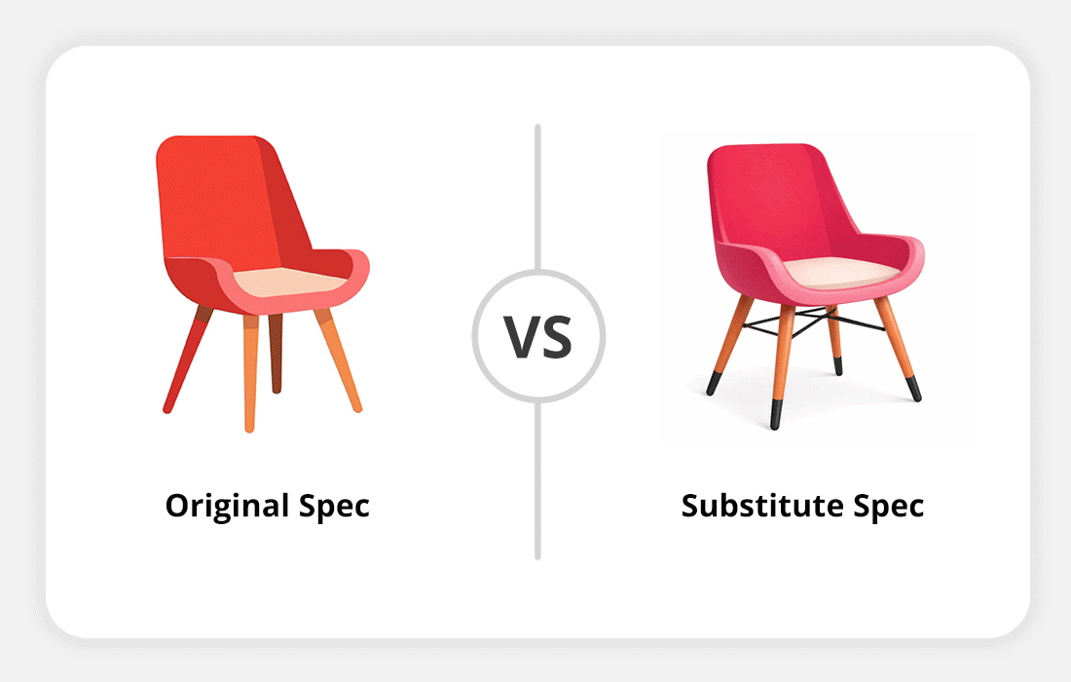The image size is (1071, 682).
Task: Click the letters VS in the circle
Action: pos(538,335)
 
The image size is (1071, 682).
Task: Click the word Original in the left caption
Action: pos(227,507)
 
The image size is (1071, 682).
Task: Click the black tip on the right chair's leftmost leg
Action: pos(714,384)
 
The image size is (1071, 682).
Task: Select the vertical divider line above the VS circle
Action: pos(537,195)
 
